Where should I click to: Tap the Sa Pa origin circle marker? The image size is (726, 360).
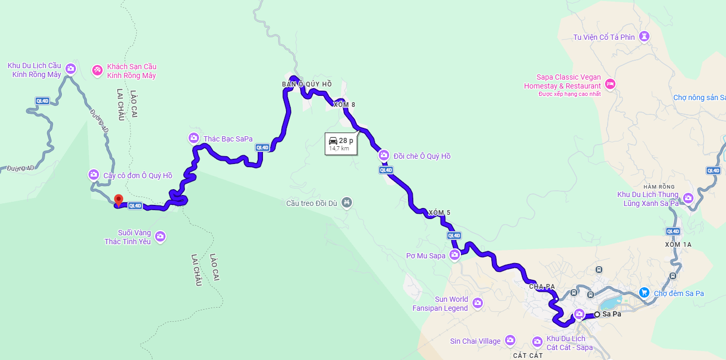[597, 314]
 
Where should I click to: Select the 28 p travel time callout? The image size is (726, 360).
[340, 144]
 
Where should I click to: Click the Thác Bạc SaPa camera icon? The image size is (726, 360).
[194, 138]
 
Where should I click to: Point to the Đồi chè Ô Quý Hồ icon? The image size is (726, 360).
[384, 156]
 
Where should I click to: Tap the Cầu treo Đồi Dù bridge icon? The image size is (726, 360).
[346, 202]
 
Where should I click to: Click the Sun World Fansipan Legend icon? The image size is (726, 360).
[477, 303]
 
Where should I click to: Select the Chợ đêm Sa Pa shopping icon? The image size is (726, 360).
[645, 293]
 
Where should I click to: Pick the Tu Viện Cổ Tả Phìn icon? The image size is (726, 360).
[644, 36]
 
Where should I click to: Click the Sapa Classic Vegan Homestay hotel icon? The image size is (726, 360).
[610, 83]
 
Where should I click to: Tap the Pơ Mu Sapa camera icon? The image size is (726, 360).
[455, 255]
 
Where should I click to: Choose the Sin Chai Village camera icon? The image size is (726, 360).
[510, 341]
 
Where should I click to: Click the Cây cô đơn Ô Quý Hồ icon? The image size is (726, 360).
[94, 174]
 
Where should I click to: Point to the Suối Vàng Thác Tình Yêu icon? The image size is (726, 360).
[160, 236]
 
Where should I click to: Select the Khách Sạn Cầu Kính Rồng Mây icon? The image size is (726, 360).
[97, 70]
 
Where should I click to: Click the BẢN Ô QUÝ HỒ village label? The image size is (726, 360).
[307, 84]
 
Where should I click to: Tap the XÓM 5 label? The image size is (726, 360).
[439, 212]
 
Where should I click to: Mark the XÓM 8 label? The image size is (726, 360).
[345, 105]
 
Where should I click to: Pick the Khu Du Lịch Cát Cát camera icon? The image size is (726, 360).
[537, 342]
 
